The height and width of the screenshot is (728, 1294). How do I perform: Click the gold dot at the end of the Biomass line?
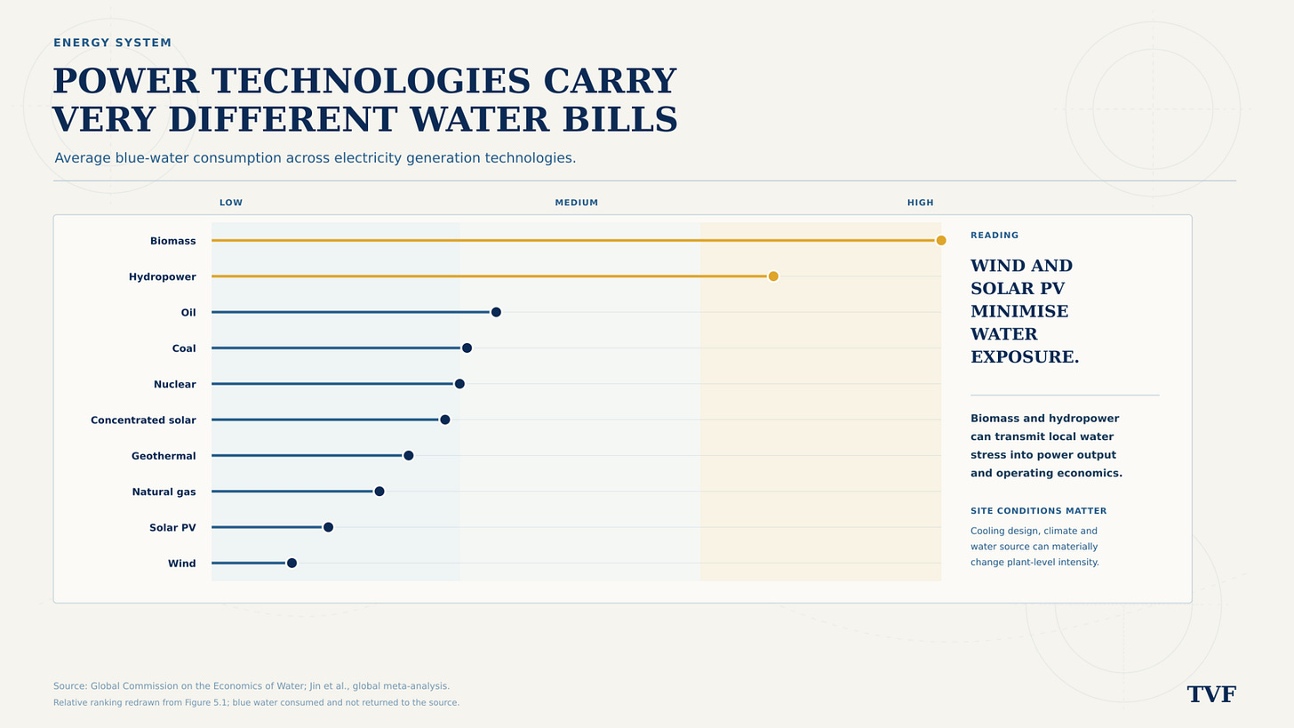point(941,240)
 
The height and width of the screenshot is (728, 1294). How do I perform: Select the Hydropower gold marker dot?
point(773,276)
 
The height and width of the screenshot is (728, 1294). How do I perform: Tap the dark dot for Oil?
point(496,312)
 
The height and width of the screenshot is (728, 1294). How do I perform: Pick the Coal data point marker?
point(467,348)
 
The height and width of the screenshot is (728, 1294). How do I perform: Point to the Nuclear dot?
point(459,384)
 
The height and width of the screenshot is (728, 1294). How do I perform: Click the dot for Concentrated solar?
point(444,420)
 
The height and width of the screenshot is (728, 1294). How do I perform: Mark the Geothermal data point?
point(409,455)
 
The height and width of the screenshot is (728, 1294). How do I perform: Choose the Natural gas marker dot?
point(379,491)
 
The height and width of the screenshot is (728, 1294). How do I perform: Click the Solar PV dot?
point(328,527)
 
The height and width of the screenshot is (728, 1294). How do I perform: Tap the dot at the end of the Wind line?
point(292,563)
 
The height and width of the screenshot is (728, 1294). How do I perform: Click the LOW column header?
point(231,203)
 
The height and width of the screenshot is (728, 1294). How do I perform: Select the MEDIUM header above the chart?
point(577,203)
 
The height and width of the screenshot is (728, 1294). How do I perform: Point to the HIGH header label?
point(920,203)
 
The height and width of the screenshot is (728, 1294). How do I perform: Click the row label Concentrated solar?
point(143,420)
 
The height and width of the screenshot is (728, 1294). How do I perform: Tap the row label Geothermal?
point(164,456)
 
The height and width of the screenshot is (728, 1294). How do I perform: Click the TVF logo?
point(1211,694)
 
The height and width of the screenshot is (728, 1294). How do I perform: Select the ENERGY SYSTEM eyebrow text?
point(113,43)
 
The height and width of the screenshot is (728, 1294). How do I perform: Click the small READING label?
point(994,236)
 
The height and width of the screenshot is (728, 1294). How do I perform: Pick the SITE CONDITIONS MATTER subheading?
point(1039,511)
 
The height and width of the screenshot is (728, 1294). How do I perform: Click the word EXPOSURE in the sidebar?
point(1025,356)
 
